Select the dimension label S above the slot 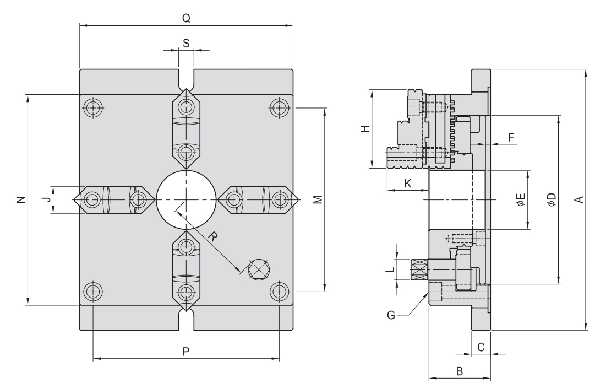[186, 42]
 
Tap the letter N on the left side [19, 199]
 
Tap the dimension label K [407, 184]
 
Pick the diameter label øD [551, 199]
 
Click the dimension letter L [389, 269]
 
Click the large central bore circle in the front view [186, 198]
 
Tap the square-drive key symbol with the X [259, 269]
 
